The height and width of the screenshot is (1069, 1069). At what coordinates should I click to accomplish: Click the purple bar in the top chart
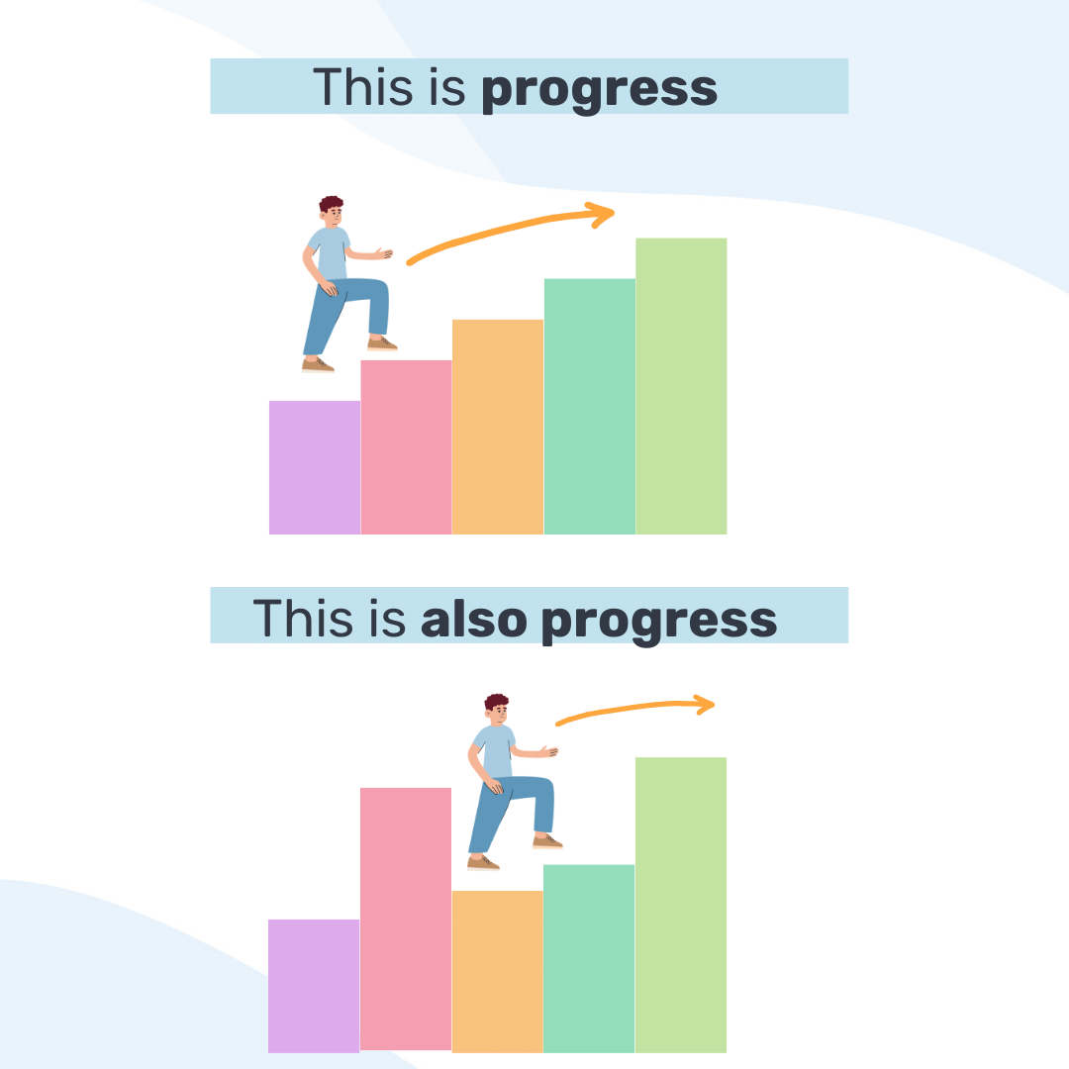point(315,467)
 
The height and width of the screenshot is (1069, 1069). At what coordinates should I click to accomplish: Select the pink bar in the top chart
point(406,447)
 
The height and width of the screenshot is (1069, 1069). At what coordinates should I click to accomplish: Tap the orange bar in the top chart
point(498,427)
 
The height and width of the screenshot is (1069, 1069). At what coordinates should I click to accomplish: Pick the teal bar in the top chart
point(590,406)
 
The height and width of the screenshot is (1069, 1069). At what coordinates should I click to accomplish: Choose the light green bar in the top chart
point(681,386)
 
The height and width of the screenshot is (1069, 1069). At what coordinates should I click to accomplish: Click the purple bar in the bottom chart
point(314,986)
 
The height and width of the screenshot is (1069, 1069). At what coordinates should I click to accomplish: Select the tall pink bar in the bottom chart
point(406,919)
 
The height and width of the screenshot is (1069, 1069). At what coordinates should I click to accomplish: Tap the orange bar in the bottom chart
point(498,971)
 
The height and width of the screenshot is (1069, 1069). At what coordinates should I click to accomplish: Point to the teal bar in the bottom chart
point(589,958)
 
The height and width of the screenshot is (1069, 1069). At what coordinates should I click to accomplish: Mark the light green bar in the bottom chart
point(681,905)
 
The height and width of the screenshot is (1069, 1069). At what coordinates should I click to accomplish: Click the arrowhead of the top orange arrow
point(602,213)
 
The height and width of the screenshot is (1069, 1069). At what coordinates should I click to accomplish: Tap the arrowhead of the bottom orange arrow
point(704,704)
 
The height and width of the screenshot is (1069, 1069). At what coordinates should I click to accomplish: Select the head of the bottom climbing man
point(497,708)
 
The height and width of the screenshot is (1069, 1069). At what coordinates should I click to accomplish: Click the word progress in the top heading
point(599,88)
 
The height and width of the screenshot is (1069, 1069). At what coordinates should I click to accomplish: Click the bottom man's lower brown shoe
point(483,863)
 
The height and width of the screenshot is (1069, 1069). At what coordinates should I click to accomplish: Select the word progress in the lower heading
point(659,620)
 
